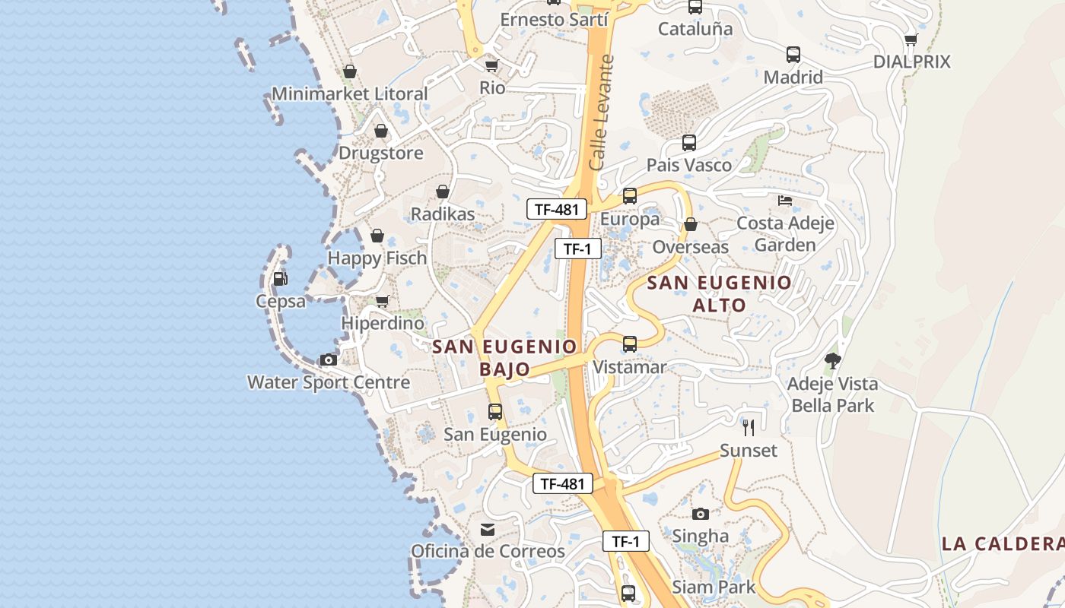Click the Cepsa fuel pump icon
click(280, 279)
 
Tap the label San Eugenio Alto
click(719, 294)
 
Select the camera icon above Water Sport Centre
click(329, 359)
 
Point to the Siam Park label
click(714, 587)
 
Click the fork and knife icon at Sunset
click(749, 428)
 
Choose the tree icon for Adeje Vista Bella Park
click(833, 361)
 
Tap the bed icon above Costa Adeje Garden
click(785, 201)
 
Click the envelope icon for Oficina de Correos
click(488, 529)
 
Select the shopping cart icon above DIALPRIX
click(911, 40)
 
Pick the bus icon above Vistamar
click(629, 344)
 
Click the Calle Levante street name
click(601, 112)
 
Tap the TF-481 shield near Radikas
click(557, 210)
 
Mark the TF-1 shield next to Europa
click(577, 249)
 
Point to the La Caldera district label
click(1003, 544)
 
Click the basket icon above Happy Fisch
click(377, 236)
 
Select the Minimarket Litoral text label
click(350, 94)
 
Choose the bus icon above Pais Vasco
click(688, 143)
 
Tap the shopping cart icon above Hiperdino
click(383, 302)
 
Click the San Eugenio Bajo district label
click(505, 358)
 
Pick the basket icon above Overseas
click(691, 224)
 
